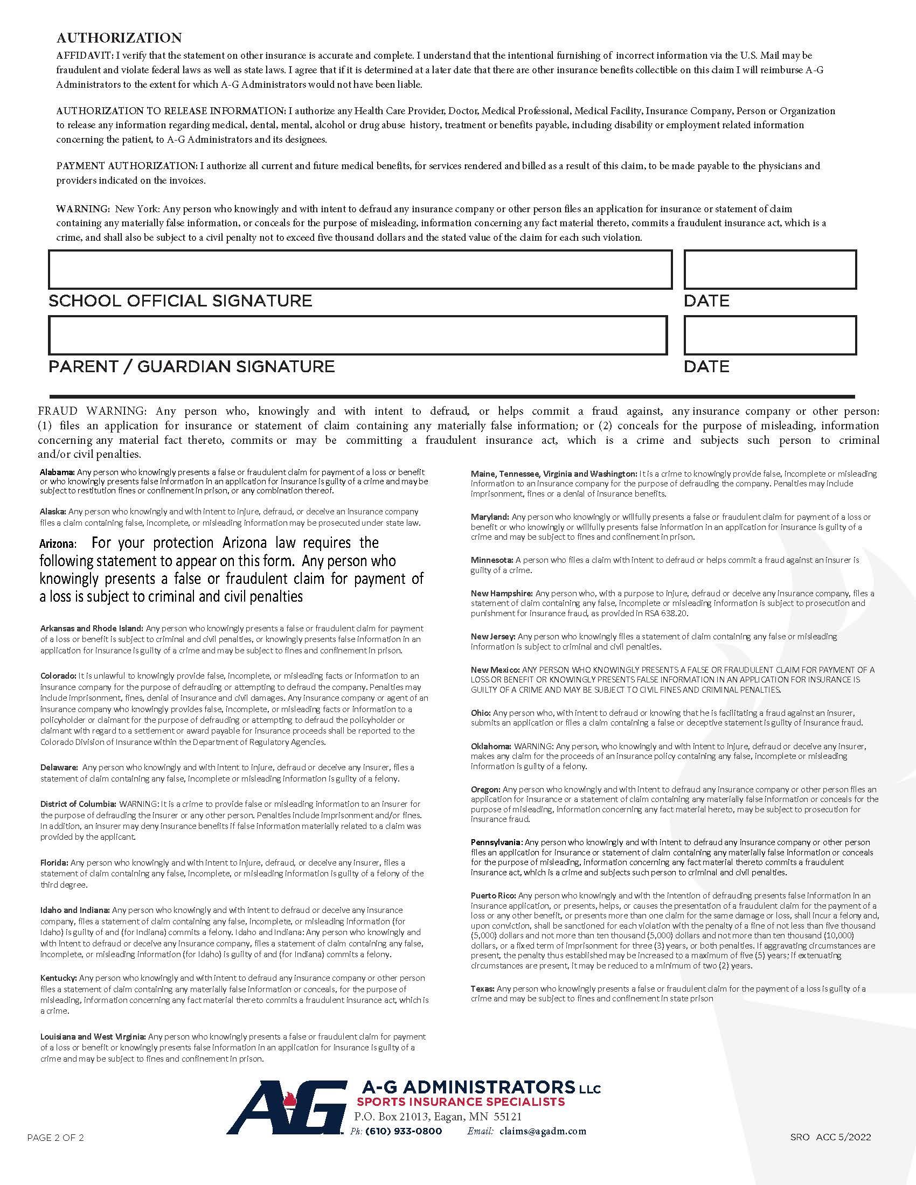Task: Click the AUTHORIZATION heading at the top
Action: pos(119,38)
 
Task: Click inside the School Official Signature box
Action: pos(360,270)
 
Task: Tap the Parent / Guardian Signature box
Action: pos(358,336)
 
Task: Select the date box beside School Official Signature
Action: pos(769,270)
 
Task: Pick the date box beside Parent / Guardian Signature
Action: pos(769,336)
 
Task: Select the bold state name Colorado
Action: pos(58,676)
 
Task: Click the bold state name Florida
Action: pos(54,862)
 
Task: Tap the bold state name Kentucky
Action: pos(58,978)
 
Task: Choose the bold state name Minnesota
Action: pos(491,560)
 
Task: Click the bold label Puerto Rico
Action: pos(493,895)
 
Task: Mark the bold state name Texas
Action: pos(482,988)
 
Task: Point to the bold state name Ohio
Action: pos(480,713)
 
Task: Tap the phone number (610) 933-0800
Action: pos(403,1131)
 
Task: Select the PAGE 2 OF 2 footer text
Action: pos(55,1138)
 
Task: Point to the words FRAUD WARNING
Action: pos(92,412)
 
